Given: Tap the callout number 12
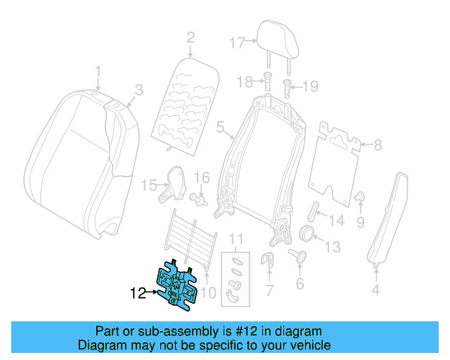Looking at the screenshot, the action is [x=136, y=292].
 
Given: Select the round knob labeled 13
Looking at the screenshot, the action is [x=306, y=234].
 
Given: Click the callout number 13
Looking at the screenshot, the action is [x=332, y=246].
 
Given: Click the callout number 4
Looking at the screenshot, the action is [x=375, y=289].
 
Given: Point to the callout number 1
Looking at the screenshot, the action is [x=98, y=72].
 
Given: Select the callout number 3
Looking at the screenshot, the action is [x=139, y=90].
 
